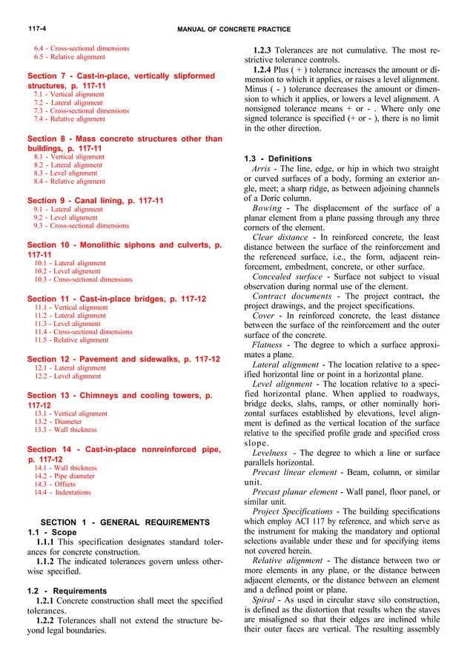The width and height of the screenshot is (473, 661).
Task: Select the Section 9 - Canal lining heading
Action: (95, 200)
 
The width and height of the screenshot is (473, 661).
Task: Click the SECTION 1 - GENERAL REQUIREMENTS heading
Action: (125, 522)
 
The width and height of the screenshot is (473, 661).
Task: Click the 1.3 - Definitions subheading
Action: (278, 159)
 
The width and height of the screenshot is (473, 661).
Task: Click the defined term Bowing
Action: (267, 208)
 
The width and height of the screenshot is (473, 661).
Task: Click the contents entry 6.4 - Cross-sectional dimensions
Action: (82, 48)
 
